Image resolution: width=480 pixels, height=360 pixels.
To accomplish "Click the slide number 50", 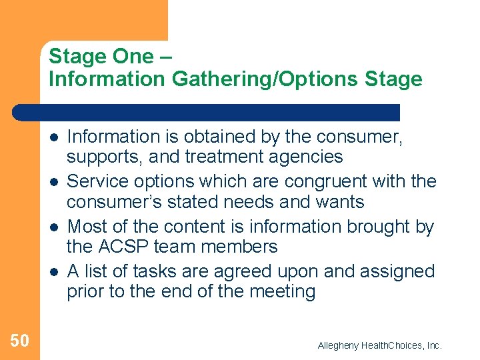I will coord(19,341).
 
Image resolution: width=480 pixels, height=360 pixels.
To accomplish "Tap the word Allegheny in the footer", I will coord(338,345).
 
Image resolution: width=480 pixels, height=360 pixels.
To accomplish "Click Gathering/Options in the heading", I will coord(266,79).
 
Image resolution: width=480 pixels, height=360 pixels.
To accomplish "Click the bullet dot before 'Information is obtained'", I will coord(53,137).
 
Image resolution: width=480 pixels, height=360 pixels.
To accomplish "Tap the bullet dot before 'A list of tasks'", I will coord(53,271).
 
